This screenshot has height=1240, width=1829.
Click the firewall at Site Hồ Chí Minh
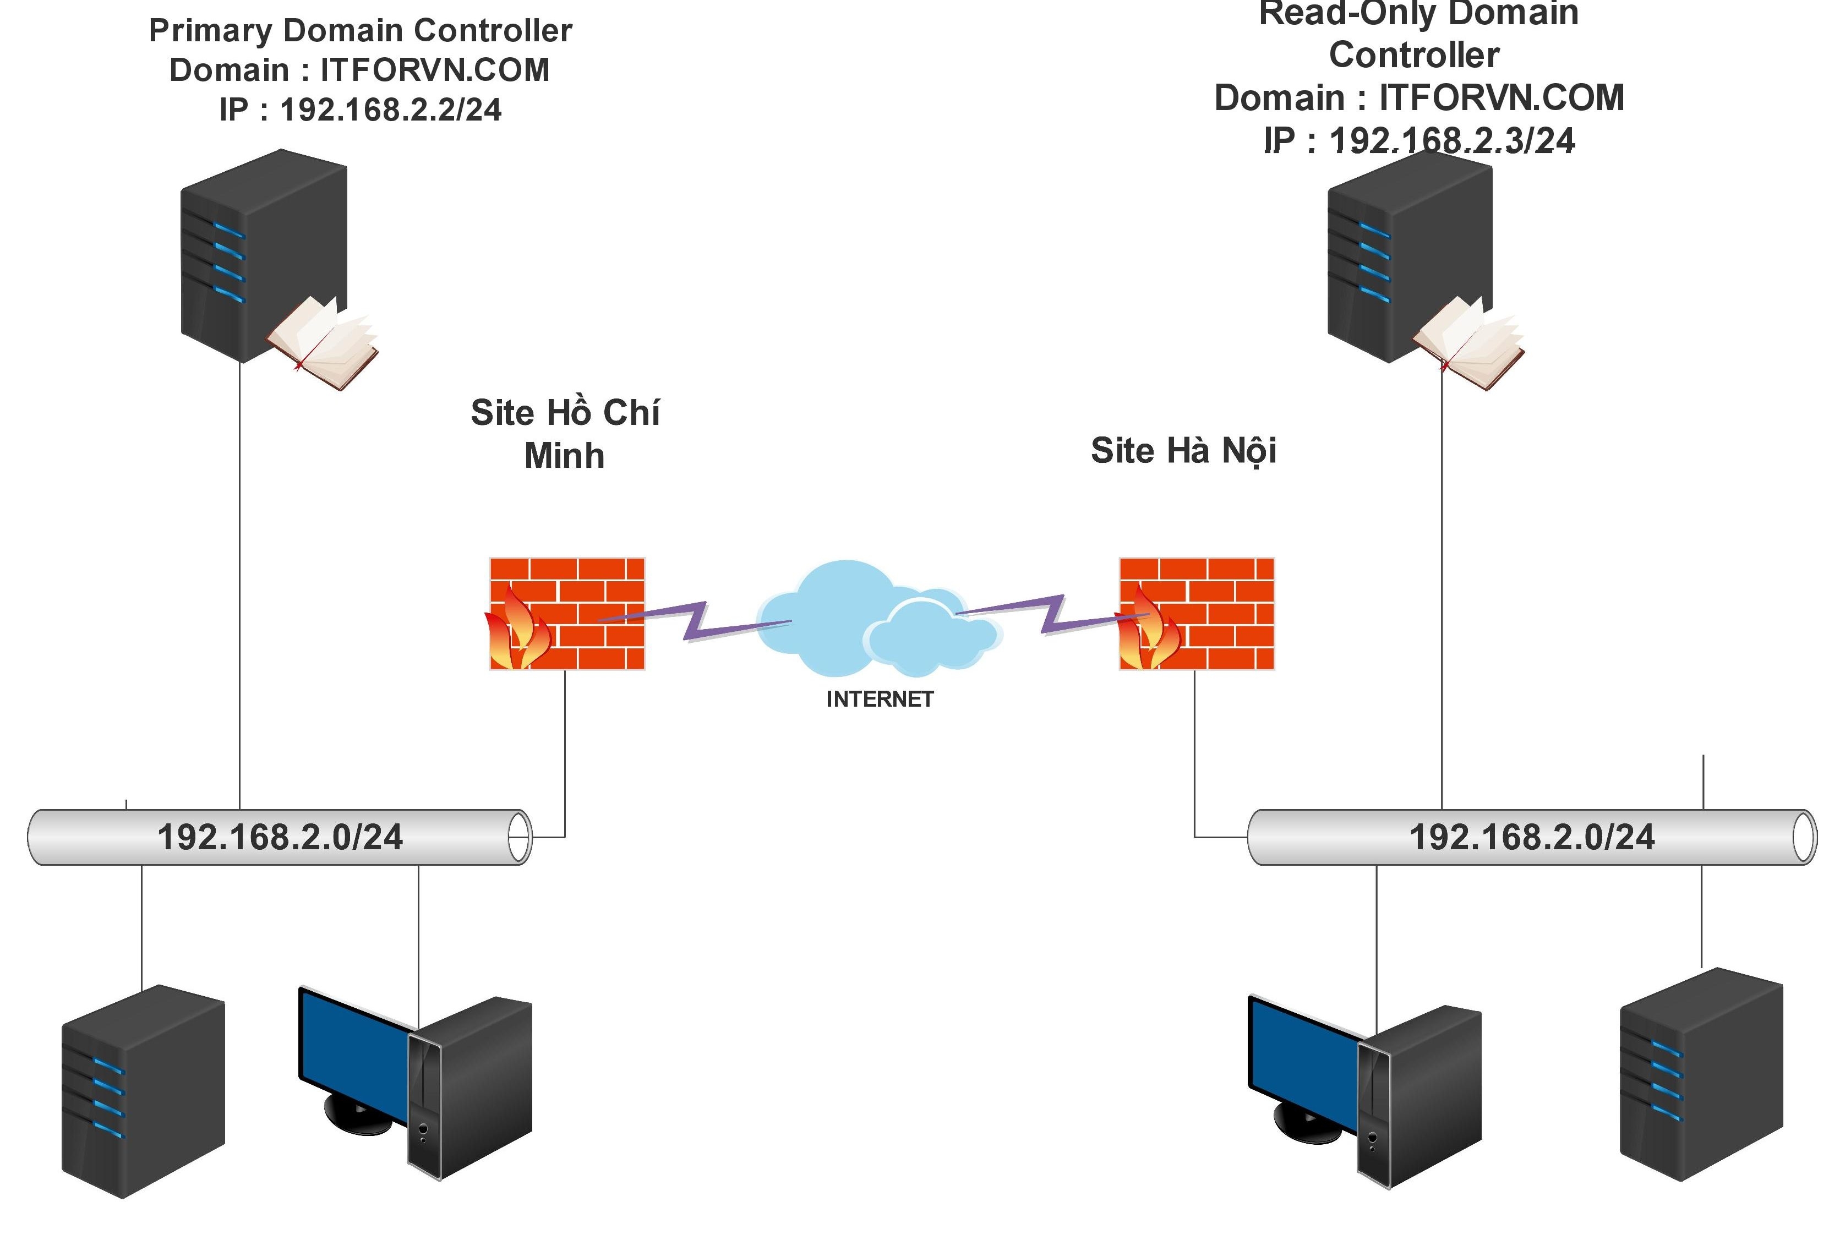pos(567,614)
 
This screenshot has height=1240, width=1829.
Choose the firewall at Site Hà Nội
pos(1196,614)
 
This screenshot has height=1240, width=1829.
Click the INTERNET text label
pos(879,698)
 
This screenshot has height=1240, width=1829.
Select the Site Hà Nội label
pos(1183,451)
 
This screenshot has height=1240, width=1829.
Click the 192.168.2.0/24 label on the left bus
pos(280,837)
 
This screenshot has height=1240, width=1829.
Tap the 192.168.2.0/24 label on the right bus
pos(1532,837)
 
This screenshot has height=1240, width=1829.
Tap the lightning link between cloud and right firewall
pos(1051,614)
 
